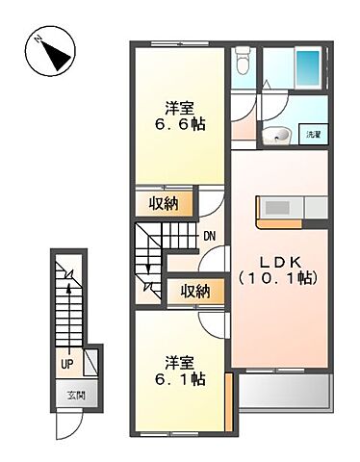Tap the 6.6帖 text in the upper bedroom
coord(180,125)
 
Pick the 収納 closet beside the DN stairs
coord(164,203)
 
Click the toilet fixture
coord(242,63)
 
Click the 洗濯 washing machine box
coord(314,136)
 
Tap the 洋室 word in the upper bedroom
coord(180,107)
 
